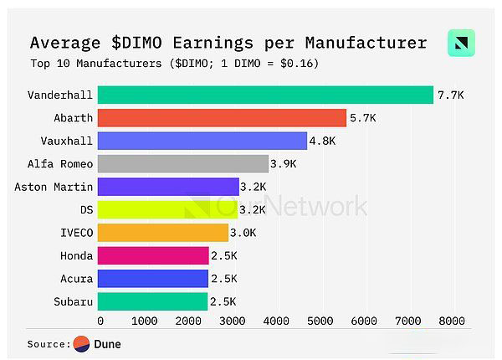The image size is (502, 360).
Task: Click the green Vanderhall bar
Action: tap(265, 95)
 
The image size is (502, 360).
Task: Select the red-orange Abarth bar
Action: tap(222, 118)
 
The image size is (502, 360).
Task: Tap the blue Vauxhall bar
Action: tap(202, 141)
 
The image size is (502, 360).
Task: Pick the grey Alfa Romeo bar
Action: tap(183, 163)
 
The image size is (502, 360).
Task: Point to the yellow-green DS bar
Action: tap(168, 209)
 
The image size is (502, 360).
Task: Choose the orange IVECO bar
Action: tap(163, 232)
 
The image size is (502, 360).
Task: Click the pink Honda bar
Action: tap(153, 255)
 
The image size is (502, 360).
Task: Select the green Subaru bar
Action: tap(152, 301)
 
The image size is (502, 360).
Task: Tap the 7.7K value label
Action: tap(449, 95)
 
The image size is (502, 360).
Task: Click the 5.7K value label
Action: tap(363, 118)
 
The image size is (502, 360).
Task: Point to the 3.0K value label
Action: tap(245, 232)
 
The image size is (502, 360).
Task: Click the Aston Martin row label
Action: tap(54, 187)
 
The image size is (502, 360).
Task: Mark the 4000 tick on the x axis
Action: tap(276, 320)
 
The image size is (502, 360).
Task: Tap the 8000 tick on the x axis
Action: tap(453, 320)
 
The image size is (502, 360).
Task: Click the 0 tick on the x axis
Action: tap(100, 320)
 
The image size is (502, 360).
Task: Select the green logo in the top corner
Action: tap(461, 43)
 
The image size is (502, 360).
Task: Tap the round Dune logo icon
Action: tap(81, 344)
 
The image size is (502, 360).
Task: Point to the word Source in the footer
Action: tap(47, 344)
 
